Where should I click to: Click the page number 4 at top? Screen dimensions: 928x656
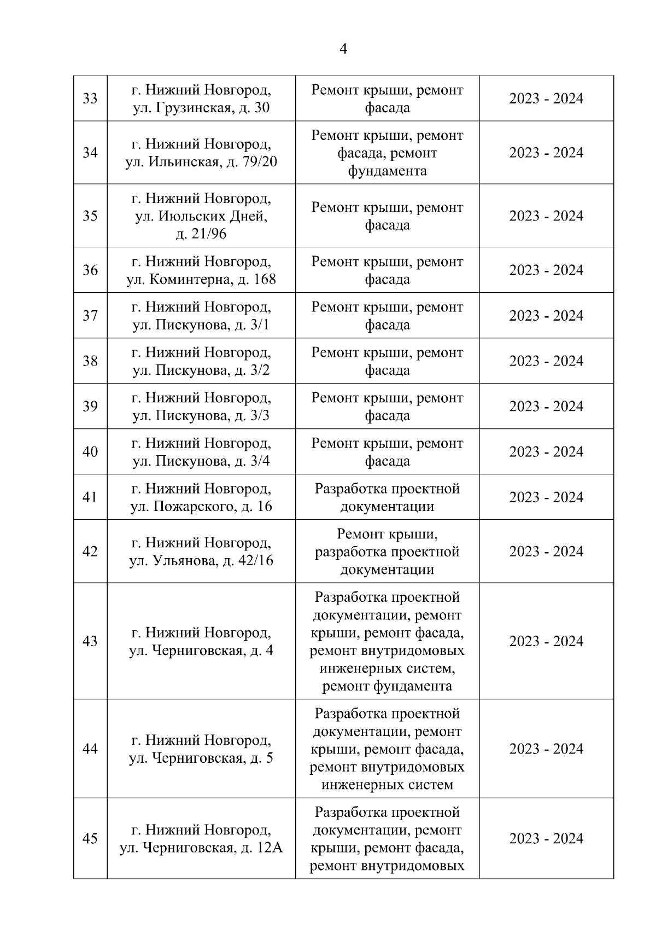tap(343, 49)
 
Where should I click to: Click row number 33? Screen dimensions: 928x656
tap(90, 98)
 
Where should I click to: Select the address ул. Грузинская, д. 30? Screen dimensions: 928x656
tap(201, 108)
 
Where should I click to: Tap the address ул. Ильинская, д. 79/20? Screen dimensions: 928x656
tap(201, 163)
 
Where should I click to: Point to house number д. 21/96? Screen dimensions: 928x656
tap(201, 234)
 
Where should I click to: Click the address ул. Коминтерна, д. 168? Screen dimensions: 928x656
tap(201, 280)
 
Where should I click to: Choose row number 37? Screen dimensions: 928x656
tap(90, 316)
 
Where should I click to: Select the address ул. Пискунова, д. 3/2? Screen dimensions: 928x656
tap(201, 370)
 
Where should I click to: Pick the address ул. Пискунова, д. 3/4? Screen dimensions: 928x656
tap(201, 461)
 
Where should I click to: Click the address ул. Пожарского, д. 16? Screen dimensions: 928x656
tap(201, 507)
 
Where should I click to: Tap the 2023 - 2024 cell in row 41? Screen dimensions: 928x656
tap(546, 497)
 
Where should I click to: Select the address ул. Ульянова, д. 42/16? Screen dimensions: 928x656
tap(201, 561)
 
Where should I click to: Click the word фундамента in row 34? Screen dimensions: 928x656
tap(387, 171)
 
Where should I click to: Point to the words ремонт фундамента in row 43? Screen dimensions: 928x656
tap(387, 686)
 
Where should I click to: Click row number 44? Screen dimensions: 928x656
tap(90, 749)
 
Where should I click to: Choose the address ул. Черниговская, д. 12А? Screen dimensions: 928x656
tap(201, 848)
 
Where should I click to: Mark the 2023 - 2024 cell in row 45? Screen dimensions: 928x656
tap(546, 839)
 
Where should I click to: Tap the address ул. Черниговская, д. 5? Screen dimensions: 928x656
tap(201, 758)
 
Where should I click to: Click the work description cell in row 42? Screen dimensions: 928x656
tap(387, 552)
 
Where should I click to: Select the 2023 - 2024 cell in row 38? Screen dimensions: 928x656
tap(546, 361)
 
